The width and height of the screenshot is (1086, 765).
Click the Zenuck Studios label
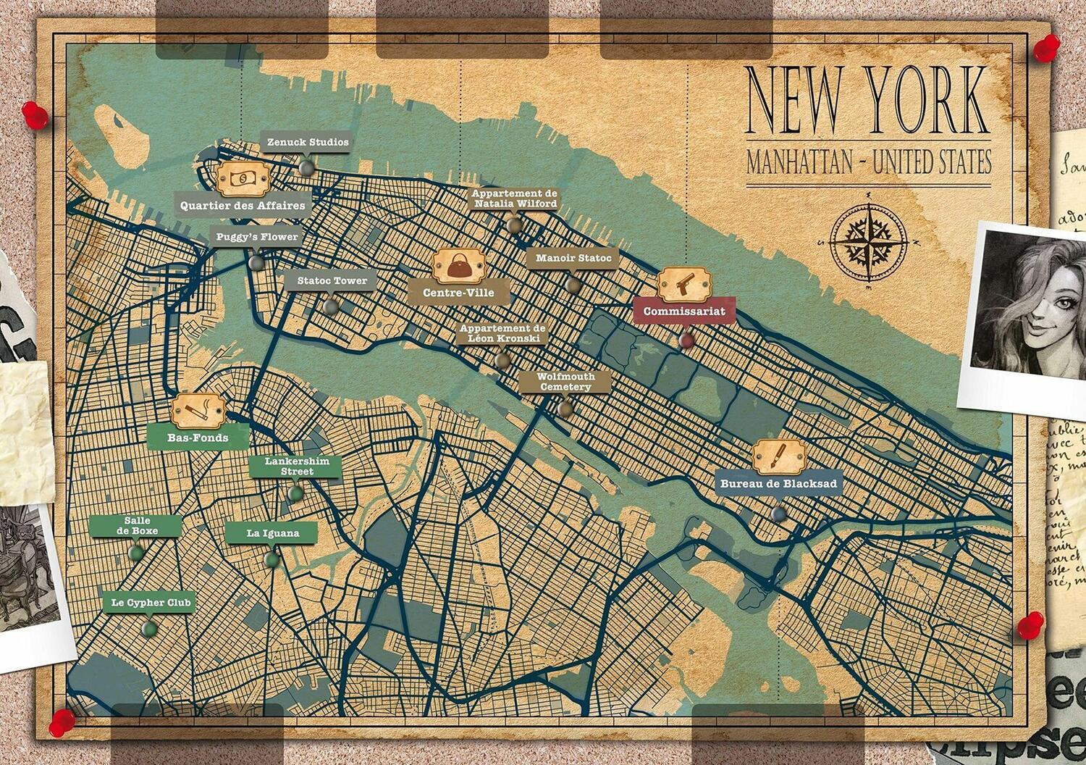point(308,143)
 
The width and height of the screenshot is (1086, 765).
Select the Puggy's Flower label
point(257,237)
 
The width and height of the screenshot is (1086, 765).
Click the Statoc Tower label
point(332,281)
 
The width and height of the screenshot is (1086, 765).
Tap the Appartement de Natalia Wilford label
point(515,198)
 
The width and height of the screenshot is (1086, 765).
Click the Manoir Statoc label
point(573,259)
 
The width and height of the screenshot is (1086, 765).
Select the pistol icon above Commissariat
point(684,285)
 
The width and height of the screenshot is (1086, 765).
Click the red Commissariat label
point(684,312)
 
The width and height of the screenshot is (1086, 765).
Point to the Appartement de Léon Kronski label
point(503,333)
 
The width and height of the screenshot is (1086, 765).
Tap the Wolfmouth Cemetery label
point(565,382)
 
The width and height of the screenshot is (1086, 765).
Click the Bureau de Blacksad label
point(778,484)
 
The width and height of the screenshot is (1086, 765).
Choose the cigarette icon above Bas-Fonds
point(198,412)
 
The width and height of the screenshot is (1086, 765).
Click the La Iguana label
point(272,533)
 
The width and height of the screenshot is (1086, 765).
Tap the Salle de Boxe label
point(136,526)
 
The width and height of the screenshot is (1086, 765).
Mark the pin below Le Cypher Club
point(149,628)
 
